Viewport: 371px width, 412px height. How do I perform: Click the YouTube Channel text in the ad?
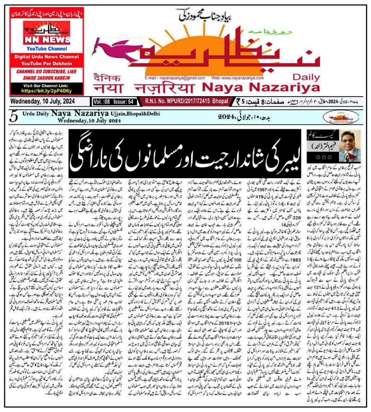click(47, 49)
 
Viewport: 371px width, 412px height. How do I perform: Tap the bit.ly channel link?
click(46, 91)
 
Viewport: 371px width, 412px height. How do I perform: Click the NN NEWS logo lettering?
click(47, 40)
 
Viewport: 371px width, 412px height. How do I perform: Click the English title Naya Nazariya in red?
click(261, 88)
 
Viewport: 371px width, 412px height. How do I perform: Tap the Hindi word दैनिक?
click(107, 77)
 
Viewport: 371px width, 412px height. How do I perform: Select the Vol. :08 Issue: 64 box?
click(113, 102)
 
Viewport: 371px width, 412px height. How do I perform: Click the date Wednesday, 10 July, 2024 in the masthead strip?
click(43, 101)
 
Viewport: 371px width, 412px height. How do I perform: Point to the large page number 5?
click(14, 117)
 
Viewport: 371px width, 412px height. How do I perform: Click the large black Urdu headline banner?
click(185, 154)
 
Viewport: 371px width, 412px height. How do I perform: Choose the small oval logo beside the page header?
click(341, 118)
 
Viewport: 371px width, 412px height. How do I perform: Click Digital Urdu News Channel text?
click(46, 57)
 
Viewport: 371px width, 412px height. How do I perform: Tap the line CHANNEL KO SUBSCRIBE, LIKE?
click(46, 71)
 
